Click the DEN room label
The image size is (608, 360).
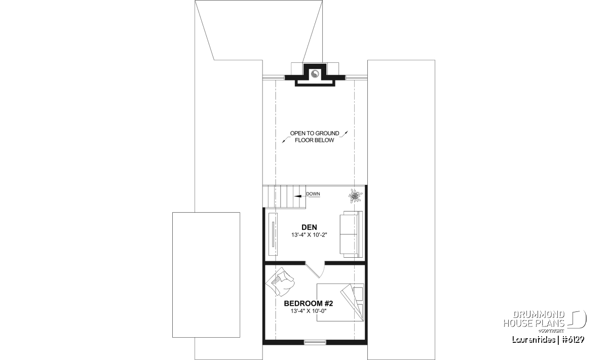[309, 227]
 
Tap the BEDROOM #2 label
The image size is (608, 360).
[309, 303]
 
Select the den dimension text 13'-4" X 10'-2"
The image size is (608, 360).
[309, 235]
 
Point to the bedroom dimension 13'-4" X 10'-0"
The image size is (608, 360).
[309, 311]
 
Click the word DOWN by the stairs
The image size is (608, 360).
[313, 194]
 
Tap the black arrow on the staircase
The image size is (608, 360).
[298, 196]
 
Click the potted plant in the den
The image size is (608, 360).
[355, 196]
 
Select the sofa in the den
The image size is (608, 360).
[351, 234]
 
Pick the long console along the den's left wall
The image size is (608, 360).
[273, 234]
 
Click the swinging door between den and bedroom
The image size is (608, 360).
[315, 270]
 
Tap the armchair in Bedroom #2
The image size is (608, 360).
[280, 282]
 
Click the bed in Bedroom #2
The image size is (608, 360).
[340, 302]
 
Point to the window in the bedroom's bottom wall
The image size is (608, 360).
[315, 342]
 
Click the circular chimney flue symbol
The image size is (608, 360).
[315, 73]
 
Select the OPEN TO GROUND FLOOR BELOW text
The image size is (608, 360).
[315, 137]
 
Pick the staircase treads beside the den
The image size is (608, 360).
[284, 197]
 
